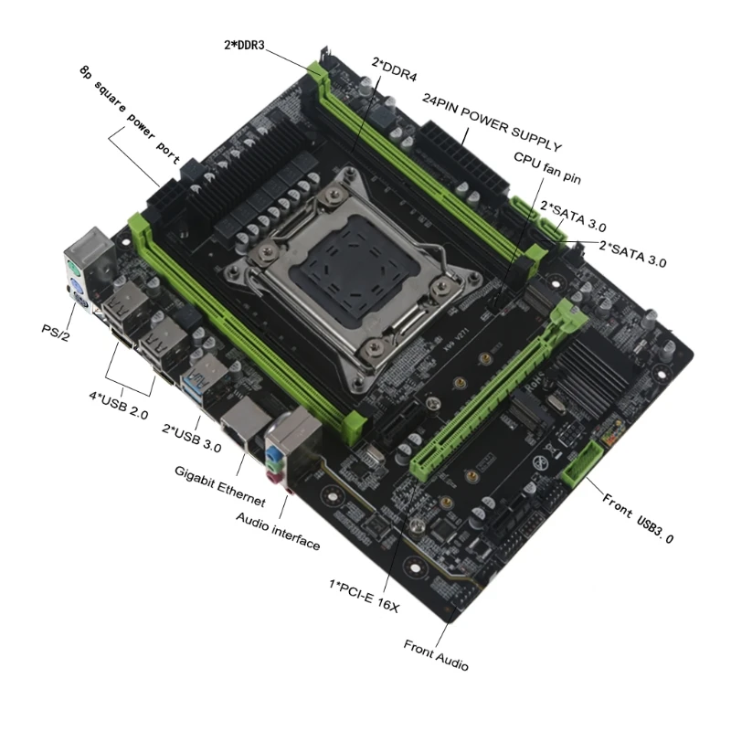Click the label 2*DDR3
244,44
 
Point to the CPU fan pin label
546,167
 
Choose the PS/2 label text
56,331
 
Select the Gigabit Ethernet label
219,485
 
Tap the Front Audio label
436,657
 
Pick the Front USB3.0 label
638,517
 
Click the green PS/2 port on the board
74,269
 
